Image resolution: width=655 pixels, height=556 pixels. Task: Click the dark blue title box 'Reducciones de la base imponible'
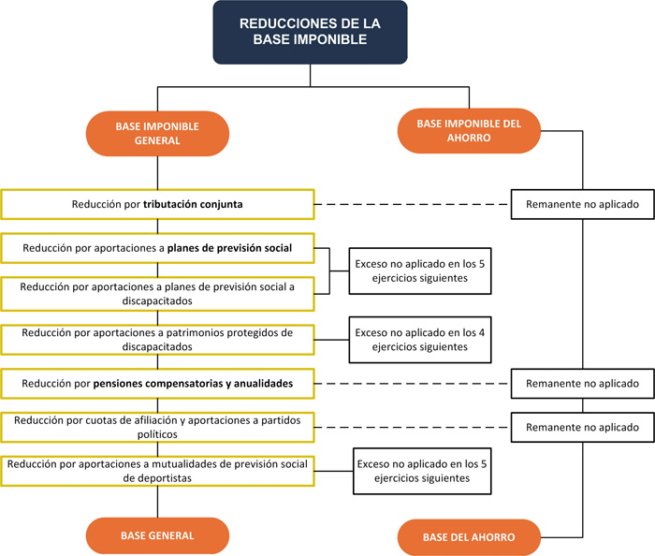pyautogui.click(x=310, y=32)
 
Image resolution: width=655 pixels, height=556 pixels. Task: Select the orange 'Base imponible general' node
pyautogui.click(x=156, y=133)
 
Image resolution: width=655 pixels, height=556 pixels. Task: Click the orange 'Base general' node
pyautogui.click(x=156, y=535)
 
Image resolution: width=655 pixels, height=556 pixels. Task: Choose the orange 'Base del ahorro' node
pyautogui.click(x=469, y=537)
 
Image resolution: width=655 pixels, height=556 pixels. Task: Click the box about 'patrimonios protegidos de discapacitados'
pyautogui.click(x=156, y=339)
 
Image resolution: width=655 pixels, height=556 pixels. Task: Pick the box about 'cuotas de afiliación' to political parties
pyautogui.click(x=156, y=428)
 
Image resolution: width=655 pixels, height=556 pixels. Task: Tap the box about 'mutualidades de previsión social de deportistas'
pyautogui.click(x=156, y=470)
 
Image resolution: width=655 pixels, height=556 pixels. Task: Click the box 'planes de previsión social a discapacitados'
pyautogui.click(x=156, y=293)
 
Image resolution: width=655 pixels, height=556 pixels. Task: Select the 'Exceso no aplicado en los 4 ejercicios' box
pyautogui.click(x=420, y=339)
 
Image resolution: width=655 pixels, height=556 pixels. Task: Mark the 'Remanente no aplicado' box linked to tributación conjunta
pyautogui.click(x=582, y=203)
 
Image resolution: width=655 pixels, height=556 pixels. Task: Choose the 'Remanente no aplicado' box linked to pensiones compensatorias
pyautogui.click(x=582, y=384)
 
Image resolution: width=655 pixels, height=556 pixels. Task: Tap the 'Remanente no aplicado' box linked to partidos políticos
pyautogui.click(x=582, y=428)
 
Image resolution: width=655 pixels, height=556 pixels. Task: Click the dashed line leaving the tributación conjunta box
pyautogui.click(x=412, y=203)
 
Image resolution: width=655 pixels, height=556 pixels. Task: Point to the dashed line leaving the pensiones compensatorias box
pyautogui.click(x=412, y=384)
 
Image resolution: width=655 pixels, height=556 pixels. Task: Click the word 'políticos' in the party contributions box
pyautogui.click(x=156, y=435)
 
